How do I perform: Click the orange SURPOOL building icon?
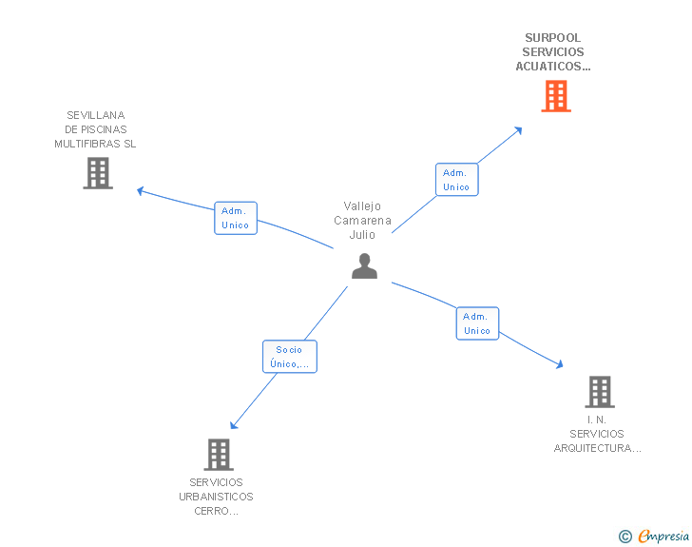point(556,96)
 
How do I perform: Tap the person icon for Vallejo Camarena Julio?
point(364,266)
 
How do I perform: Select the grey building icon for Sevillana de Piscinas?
point(98,173)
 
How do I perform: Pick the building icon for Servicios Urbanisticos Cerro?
point(219,455)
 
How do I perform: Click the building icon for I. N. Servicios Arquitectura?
point(599,391)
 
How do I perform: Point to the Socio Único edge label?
point(289,357)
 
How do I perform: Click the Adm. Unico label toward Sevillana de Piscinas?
point(236,218)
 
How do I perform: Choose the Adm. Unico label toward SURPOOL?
point(456,180)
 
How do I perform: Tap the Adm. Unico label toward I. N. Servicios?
point(477,323)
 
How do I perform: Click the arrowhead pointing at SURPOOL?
point(518,129)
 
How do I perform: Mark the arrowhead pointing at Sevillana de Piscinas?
point(141,190)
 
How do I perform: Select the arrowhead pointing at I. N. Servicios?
point(559,364)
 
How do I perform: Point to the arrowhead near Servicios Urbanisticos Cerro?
point(233,425)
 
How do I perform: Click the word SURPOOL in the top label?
point(552,38)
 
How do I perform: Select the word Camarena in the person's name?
point(362,221)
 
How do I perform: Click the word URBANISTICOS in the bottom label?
point(216,497)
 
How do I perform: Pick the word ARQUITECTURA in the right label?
point(596,448)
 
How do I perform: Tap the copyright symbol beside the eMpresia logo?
point(625,537)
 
